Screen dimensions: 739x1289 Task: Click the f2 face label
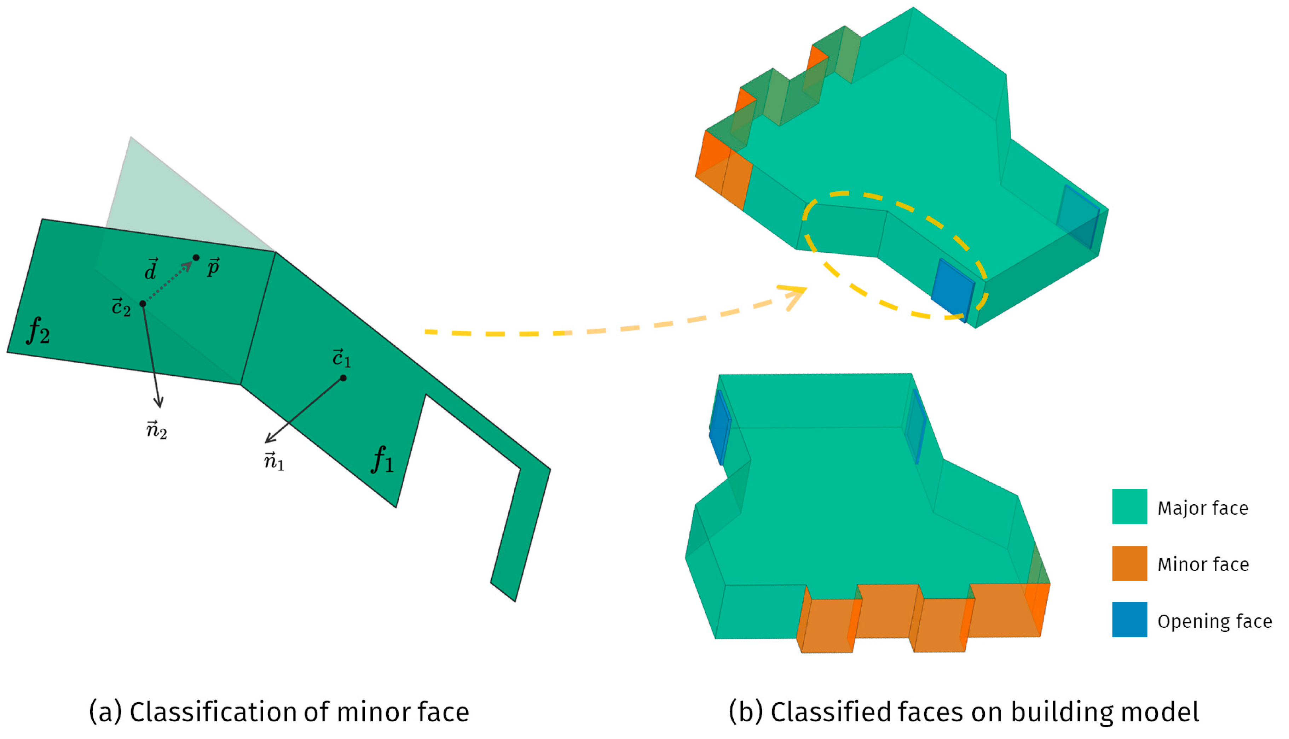tap(39, 330)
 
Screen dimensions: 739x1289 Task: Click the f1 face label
tap(382, 459)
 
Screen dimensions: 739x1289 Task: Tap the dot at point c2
tap(143, 304)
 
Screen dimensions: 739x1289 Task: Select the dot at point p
tap(196, 258)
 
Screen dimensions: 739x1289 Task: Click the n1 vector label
tap(274, 461)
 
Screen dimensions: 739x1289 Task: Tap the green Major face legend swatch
tap(1129, 506)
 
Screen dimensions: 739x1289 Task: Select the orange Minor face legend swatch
tap(1129, 563)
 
